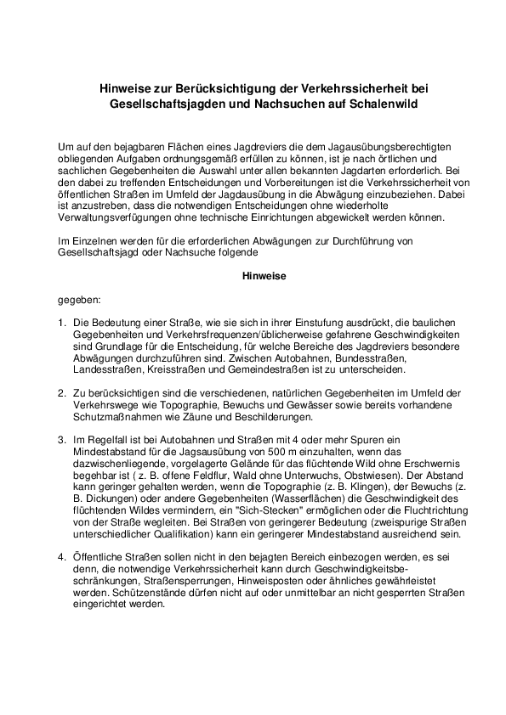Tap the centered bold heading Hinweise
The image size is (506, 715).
(x=253, y=276)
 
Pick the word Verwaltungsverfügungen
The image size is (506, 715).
(x=117, y=217)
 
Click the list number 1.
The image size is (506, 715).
(x=62, y=324)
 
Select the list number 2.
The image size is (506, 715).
(x=62, y=393)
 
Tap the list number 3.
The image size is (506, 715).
(x=62, y=440)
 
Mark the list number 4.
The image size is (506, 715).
(x=62, y=556)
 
